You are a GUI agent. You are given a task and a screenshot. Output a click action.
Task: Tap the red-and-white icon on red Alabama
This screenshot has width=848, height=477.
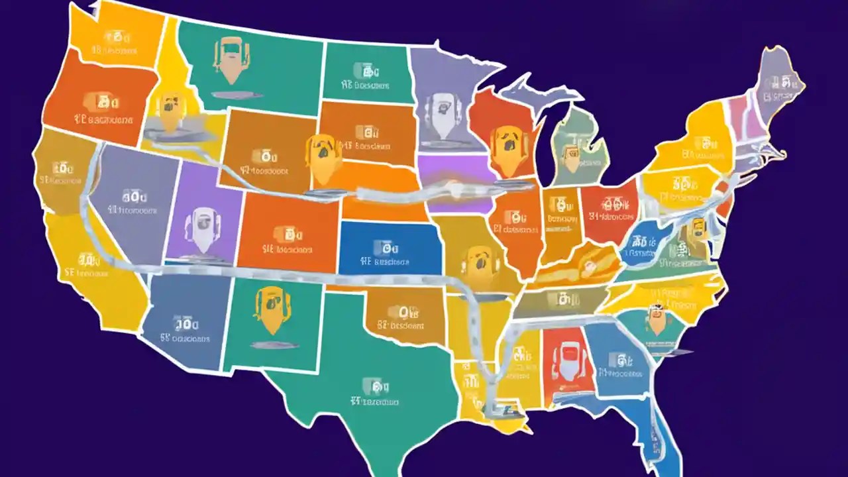click(x=564, y=358)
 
